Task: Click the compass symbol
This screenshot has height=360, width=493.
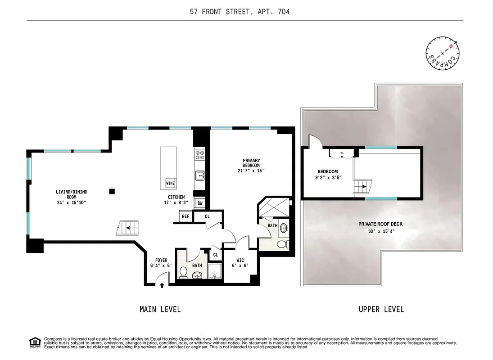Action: [x=442, y=53]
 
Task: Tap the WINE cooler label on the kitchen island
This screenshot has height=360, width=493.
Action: [x=170, y=183]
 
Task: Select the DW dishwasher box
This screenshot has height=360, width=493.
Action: [x=199, y=203]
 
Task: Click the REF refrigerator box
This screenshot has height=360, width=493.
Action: [x=185, y=216]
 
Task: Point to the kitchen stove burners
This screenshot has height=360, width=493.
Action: [x=199, y=156]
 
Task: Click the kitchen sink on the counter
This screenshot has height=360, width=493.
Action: [x=199, y=175]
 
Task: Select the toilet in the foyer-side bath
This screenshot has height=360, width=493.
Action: [x=184, y=272]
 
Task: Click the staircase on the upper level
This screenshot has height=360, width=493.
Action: [x=362, y=187]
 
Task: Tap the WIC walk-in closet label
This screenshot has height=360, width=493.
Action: [x=240, y=262]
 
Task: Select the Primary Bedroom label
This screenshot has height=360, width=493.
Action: [x=251, y=165]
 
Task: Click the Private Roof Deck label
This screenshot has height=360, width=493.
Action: [x=380, y=228]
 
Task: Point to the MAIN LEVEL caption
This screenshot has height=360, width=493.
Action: [x=160, y=309]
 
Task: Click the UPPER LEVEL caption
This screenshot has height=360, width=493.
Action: [x=381, y=309]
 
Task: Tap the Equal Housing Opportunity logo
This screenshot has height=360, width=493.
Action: [x=34, y=342]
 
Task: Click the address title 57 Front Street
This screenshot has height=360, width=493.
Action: [x=240, y=12]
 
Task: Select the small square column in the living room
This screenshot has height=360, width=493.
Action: [x=112, y=191]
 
